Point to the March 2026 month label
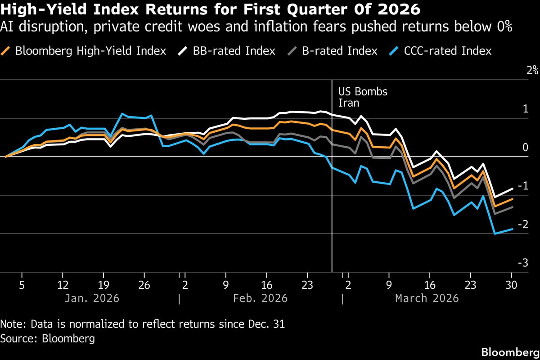[427, 298]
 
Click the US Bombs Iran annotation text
[362, 97]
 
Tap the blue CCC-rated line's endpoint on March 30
[512, 229]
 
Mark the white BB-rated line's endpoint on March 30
[512, 189]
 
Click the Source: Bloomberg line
[48, 338]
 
